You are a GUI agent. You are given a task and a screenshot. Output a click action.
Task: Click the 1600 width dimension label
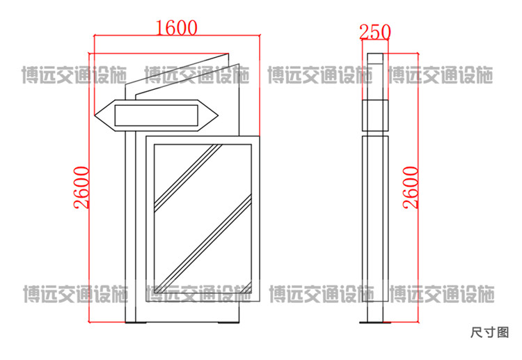(177, 28)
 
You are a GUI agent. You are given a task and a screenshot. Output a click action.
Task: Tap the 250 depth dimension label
(375, 32)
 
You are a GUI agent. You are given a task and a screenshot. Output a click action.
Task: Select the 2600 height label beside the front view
(81, 187)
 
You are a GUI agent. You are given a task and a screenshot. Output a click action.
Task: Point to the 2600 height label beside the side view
(411, 187)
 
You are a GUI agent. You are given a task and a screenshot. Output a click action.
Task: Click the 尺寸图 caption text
(490, 332)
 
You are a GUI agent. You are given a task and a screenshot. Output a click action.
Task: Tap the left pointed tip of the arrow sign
(95, 115)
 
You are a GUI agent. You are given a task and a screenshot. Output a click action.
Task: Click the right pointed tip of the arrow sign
(218, 116)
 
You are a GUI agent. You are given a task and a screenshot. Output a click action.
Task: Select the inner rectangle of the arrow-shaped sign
(156, 116)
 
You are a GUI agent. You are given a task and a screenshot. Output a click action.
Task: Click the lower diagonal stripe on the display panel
(203, 244)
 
